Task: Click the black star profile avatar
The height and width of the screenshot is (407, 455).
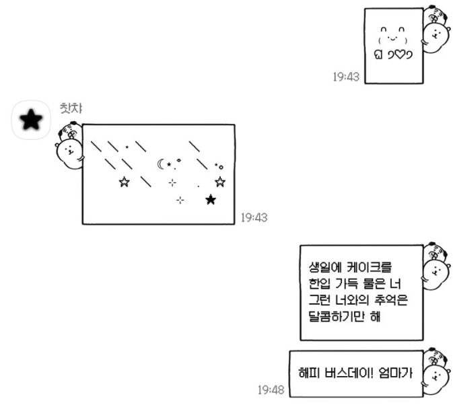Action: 31,120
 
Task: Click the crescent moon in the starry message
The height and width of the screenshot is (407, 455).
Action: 160,163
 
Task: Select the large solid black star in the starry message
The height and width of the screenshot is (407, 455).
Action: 211,199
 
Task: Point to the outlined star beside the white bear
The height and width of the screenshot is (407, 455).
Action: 124,182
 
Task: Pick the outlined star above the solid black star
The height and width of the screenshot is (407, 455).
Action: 219,181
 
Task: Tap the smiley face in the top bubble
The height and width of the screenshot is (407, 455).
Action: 393,34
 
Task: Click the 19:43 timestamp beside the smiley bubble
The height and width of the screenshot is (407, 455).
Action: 347,77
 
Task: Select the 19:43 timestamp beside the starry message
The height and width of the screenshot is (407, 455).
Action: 254,217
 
